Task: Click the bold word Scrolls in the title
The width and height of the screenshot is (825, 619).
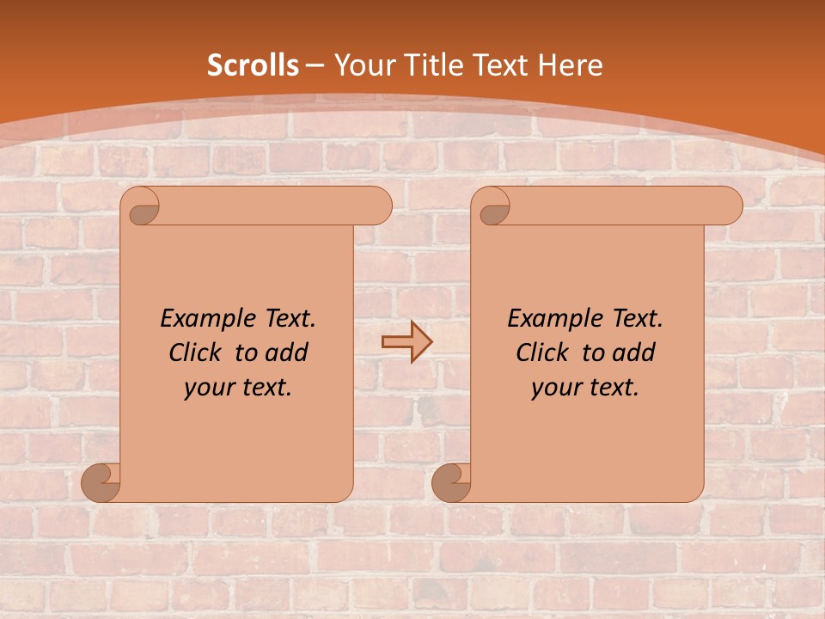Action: [x=254, y=65]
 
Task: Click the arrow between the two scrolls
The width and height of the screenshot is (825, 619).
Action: [x=406, y=342]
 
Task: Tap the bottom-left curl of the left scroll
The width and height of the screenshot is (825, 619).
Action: [x=101, y=481]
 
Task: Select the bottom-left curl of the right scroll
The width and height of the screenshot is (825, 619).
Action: [x=452, y=481]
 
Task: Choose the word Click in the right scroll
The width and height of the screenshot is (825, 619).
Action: [x=542, y=352]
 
